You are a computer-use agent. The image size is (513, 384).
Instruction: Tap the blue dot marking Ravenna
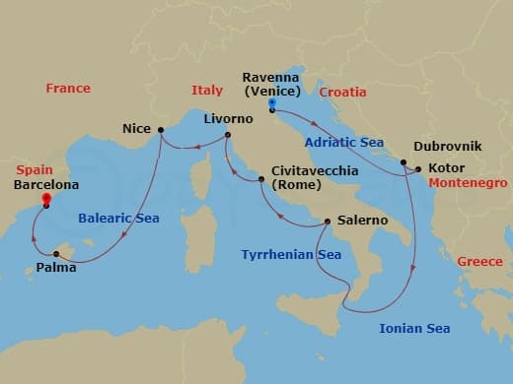270,102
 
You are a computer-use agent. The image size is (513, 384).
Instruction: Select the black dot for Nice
160,129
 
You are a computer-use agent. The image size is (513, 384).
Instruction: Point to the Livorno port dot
227,135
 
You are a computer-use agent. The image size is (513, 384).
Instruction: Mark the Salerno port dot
328,222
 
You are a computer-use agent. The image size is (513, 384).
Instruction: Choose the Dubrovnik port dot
403,162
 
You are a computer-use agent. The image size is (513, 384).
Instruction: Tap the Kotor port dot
417,169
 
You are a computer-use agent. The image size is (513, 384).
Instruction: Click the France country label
68,89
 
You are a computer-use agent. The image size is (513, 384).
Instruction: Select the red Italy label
207,92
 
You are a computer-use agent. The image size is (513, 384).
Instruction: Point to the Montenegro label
469,183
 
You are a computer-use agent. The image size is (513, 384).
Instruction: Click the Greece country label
478,261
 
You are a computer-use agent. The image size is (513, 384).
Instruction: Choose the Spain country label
36,169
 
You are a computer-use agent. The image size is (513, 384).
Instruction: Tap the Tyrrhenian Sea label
291,255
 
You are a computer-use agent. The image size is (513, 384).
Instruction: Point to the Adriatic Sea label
343,142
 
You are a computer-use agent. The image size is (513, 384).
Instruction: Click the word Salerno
362,222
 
